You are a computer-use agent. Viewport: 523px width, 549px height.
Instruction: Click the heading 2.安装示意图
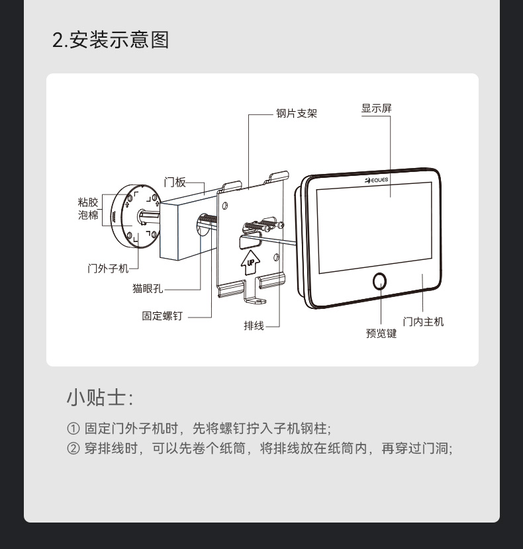(x=111, y=40)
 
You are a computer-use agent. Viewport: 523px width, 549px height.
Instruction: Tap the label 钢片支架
(x=297, y=114)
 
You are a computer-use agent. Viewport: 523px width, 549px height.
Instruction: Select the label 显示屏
(x=377, y=108)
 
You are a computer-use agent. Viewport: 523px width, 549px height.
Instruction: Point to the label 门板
(x=175, y=182)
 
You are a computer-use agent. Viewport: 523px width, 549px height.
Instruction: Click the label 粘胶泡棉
(x=88, y=208)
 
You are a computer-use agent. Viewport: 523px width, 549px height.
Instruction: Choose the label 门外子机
(x=108, y=269)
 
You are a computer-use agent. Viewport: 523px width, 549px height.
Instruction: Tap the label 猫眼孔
(x=148, y=288)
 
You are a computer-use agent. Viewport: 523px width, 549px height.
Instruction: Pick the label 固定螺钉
(x=162, y=316)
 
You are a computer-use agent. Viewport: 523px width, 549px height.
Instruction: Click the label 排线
(x=254, y=325)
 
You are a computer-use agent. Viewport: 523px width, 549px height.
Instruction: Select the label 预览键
(x=381, y=333)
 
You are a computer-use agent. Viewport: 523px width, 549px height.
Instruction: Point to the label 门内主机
(x=423, y=321)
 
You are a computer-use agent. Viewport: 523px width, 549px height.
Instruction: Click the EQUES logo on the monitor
(x=377, y=181)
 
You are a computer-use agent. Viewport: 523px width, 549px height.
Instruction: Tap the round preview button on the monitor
(x=379, y=281)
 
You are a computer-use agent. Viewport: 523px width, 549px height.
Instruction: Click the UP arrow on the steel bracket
(x=250, y=263)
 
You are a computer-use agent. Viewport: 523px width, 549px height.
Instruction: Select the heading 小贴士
(x=100, y=398)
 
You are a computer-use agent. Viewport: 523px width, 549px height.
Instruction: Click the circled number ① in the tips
(x=73, y=429)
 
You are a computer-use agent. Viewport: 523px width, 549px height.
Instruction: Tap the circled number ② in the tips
(x=73, y=448)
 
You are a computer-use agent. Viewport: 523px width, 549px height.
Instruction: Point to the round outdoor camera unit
(x=136, y=216)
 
